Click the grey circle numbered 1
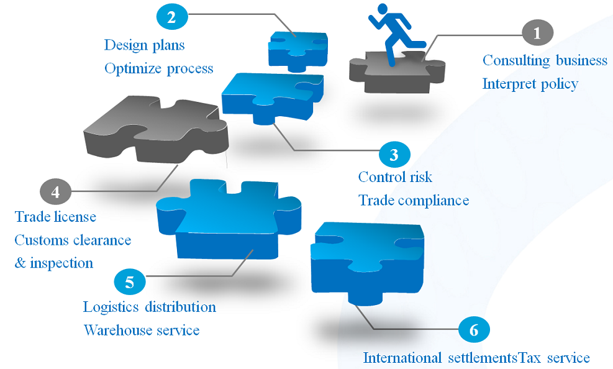pyautogui.click(x=537, y=33)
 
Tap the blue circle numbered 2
pyautogui.click(x=171, y=17)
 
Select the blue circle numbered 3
pyautogui.click(x=394, y=154)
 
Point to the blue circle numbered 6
pyautogui.click(x=474, y=329)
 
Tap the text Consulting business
pyautogui.click(x=545, y=60)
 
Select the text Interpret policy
pyautogui.click(x=530, y=83)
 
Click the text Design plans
pyautogui.click(x=144, y=45)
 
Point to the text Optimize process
pyautogui.click(x=158, y=68)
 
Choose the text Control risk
pyautogui.click(x=395, y=177)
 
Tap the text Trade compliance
pyautogui.click(x=413, y=201)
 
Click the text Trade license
pyautogui.click(x=55, y=217)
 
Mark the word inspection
pyautogui.click(x=61, y=263)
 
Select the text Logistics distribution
pyautogui.click(x=150, y=307)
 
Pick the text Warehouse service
pyautogui.click(x=142, y=330)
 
